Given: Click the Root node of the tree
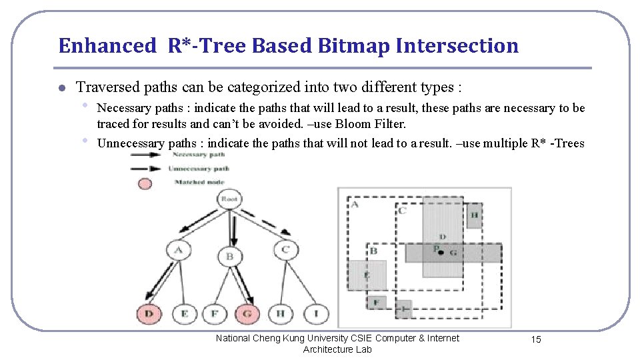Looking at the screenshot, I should point(229,199).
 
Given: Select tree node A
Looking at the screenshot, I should point(178,251).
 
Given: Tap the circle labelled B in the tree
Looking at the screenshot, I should point(229,255).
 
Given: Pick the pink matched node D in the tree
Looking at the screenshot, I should point(149,313).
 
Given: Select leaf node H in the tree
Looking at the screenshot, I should point(280,313).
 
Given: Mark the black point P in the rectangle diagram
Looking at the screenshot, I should point(441,253).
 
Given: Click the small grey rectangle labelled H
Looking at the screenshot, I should point(473,215).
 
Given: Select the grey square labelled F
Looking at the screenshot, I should point(376,302).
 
